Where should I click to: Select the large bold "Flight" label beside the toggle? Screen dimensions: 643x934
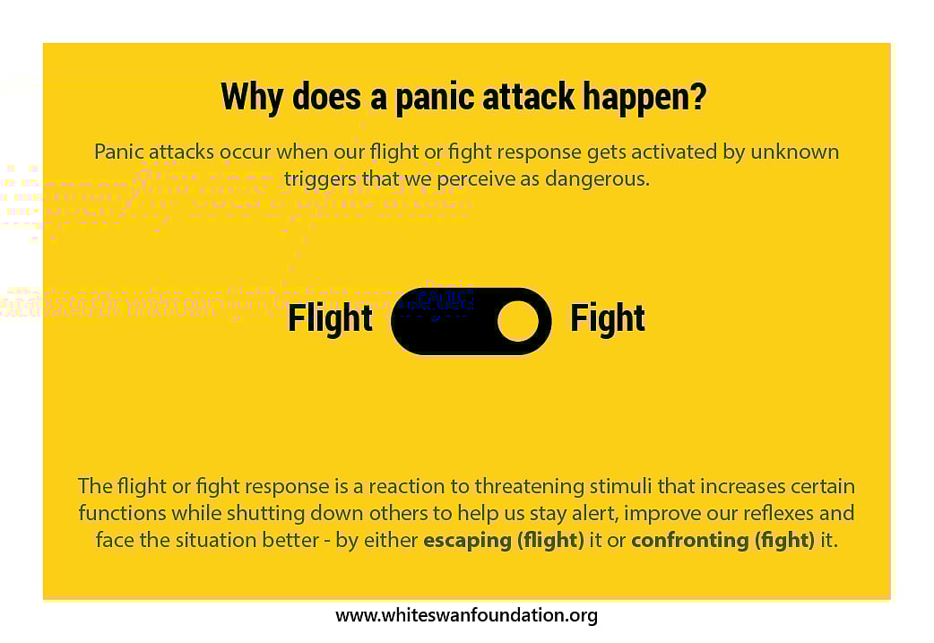click(x=330, y=319)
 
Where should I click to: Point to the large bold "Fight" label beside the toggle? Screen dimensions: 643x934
click(x=608, y=319)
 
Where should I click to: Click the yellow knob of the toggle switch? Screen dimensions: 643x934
click(x=518, y=321)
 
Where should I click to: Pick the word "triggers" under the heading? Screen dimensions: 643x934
click(x=318, y=178)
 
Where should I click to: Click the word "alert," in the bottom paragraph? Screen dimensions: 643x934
click(x=574, y=513)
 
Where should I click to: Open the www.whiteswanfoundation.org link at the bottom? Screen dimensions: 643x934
click(x=466, y=615)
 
